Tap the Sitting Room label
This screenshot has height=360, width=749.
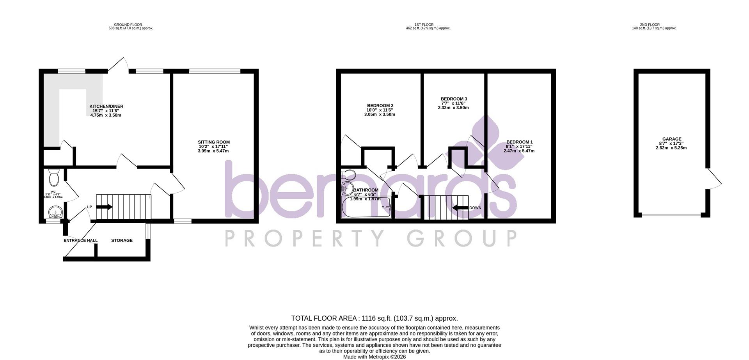point(213,142)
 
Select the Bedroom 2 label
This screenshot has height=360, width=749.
point(380,106)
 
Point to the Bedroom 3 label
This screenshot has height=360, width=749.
point(453,99)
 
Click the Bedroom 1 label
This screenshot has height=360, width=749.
point(519,142)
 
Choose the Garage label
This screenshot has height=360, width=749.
point(671,139)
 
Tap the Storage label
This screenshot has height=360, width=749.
point(122,241)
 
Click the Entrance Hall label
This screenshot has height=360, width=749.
point(80,241)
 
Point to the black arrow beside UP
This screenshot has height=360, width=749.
point(104,207)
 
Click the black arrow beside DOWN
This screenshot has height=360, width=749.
point(460,208)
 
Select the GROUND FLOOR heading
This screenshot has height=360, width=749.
point(131,25)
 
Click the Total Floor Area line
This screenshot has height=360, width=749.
point(374,318)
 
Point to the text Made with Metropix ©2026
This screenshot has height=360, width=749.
point(374,356)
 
